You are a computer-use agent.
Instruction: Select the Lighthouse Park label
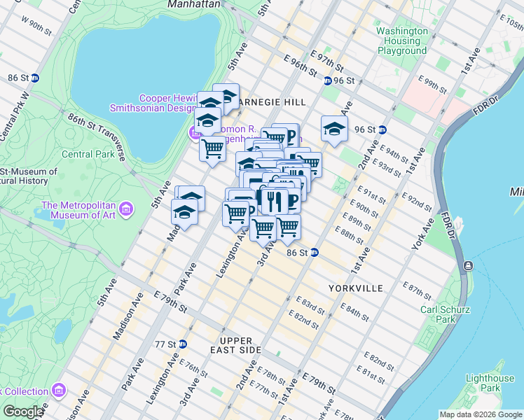point(490,383)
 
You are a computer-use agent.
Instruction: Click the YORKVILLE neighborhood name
point(355,288)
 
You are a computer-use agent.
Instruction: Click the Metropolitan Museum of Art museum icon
point(126,209)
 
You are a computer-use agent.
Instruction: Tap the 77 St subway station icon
point(182,344)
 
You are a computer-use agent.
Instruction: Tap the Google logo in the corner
point(22,412)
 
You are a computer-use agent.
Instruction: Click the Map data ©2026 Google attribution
point(480,414)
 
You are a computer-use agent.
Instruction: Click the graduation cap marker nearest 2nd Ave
point(334,128)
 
